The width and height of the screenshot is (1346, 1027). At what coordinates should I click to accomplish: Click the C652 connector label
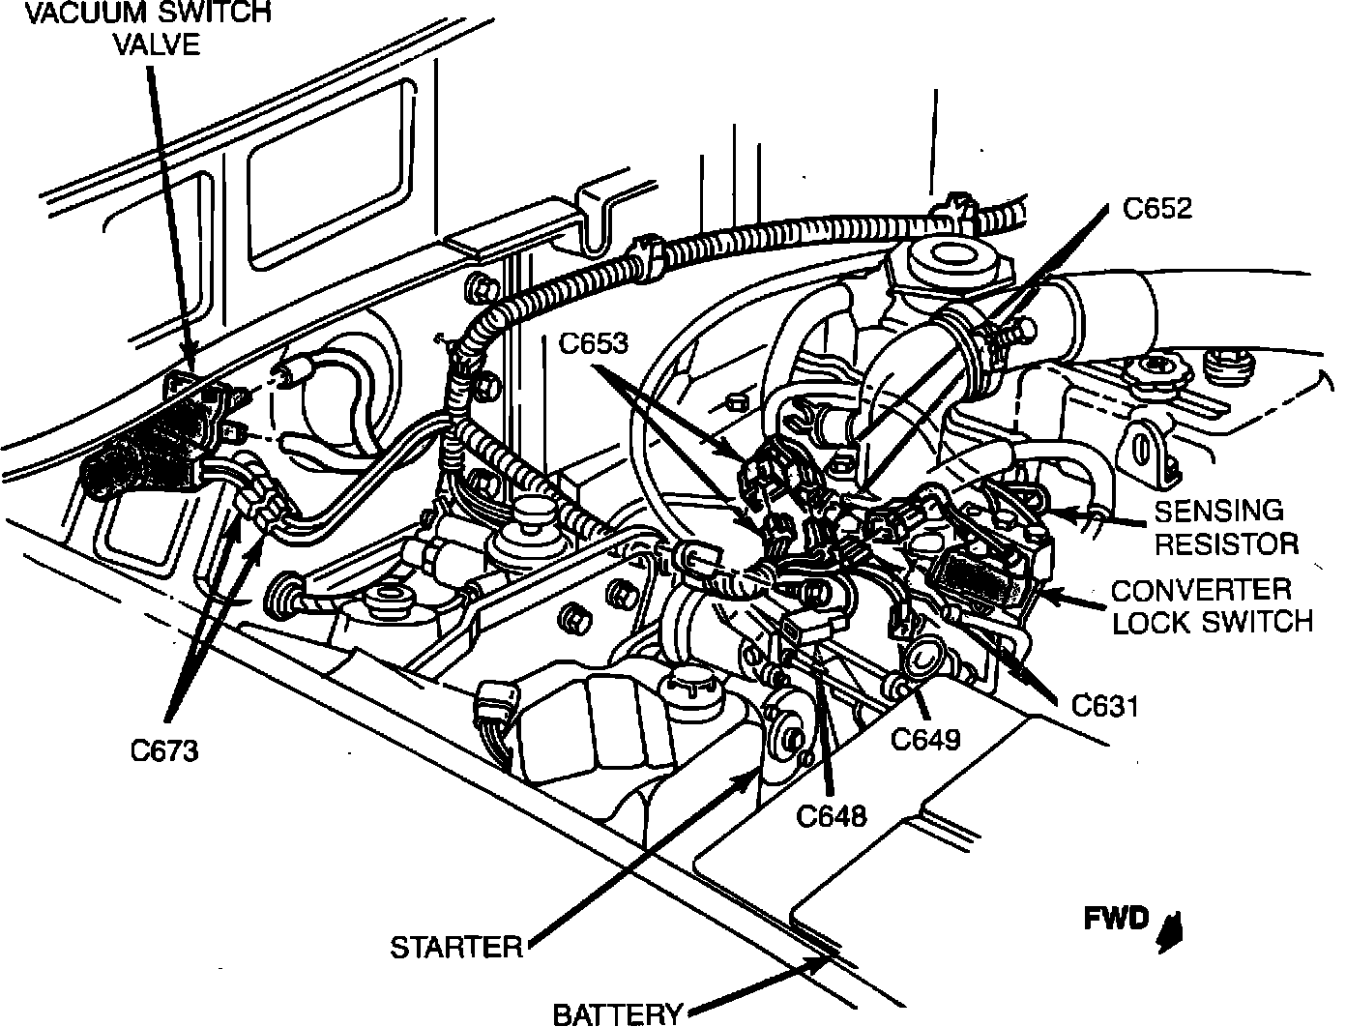(x=1157, y=209)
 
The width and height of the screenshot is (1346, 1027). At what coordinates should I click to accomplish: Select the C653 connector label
(x=594, y=342)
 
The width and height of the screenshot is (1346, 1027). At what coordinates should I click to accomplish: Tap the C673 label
(x=164, y=751)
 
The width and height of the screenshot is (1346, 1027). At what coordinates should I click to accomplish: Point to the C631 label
(x=1105, y=706)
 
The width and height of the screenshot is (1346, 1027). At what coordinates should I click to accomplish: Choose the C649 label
(x=924, y=740)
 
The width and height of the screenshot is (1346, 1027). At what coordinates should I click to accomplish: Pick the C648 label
(x=832, y=816)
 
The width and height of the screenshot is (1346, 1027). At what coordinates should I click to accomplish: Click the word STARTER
(x=456, y=948)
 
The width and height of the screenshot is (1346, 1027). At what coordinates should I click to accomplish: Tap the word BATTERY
(x=618, y=1014)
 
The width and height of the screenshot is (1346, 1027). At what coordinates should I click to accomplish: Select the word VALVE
(x=158, y=44)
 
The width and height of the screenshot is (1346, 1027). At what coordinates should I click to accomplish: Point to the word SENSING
(x=1219, y=511)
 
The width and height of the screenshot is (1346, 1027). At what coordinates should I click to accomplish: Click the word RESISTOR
(x=1226, y=543)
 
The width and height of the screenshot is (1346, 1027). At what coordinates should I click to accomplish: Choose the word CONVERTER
(x=1201, y=590)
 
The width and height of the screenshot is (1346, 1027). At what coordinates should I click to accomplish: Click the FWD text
(x=1116, y=919)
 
